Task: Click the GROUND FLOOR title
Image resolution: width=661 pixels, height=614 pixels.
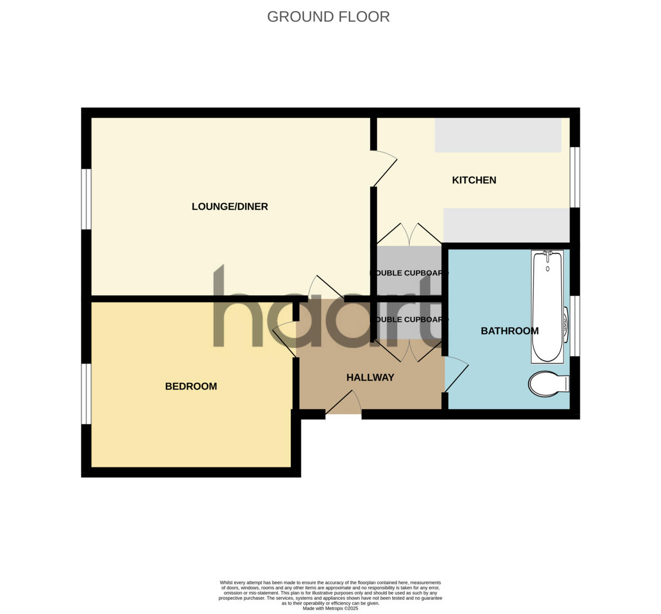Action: pyautogui.click(x=328, y=17)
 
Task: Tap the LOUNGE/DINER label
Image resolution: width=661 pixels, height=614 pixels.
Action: pyautogui.click(x=230, y=207)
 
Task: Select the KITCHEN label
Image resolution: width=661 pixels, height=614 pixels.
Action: pyautogui.click(x=474, y=180)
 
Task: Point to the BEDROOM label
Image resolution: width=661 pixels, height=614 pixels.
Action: pyautogui.click(x=191, y=386)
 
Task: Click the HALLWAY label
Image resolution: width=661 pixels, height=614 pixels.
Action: pyautogui.click(x=370, y=377)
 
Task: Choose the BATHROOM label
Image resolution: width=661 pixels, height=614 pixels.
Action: pyautogui.click(x=510, y=330)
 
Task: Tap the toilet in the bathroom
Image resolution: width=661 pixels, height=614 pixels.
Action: pyautogui.click(x=548, y=383)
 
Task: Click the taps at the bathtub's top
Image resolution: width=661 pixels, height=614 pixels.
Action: pyautogui.click(x=548, y=255)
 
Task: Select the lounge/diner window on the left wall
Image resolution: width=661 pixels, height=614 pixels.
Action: pyautogui.click(x=86, y=199)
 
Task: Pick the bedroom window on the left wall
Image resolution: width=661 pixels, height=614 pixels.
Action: pyautogui.click(x=86, y=394)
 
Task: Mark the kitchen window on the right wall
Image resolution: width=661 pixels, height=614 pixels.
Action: pyautogui.click(x=575, y=177)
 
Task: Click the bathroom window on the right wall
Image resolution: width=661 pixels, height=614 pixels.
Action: pyautogui.click(x=575, y=325)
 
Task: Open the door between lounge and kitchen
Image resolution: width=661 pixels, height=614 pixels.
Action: pyautogui.click(x=384, y=169)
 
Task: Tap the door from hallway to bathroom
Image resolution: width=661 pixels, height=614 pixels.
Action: pyautogui.click(x=455, y=374)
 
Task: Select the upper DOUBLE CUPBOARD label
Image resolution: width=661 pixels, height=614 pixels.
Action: pyautogui.click(x=408, y=273)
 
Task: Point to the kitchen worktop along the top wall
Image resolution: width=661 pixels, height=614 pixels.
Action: pyautogui.click(x=497, y=135)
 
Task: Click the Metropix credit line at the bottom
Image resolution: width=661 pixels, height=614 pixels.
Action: pyautogui.click(x=330, y=608)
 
